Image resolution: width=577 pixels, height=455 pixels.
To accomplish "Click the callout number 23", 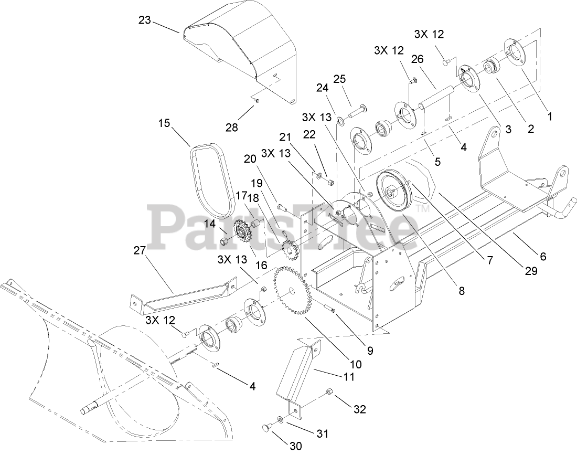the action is click(145, 20).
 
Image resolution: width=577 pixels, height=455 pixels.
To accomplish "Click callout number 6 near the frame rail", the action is click(542, 257).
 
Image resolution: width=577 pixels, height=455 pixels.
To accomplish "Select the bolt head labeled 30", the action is click(268, 429).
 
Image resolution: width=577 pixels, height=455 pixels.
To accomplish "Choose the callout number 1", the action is click(550, 117).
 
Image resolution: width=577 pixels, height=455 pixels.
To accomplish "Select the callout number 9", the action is click(370, 351).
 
